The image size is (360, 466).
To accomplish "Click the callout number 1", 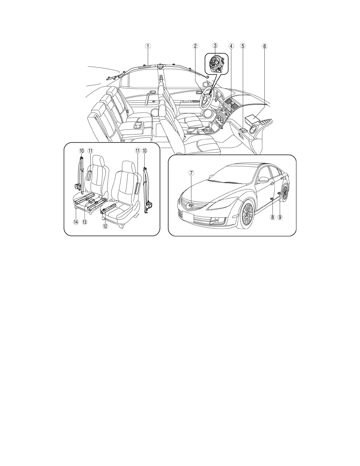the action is click(x=147, y=46).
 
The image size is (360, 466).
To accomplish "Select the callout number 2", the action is click(x=195, y=46).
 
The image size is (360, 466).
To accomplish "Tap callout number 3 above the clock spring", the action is click(x=215, y=46).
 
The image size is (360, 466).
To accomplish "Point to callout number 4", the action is click(x=231, y=46).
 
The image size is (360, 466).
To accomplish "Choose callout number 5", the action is click(x=243, y=46).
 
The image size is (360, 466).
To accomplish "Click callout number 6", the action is click(x=264, y=46).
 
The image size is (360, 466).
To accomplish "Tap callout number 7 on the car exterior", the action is click(x=191, y=172).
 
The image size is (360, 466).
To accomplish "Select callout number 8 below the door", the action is click(x=272, y=217).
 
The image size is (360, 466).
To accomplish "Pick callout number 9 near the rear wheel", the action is click(x=280, y=217).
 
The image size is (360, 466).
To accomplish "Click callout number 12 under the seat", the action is click(x=105, y=226).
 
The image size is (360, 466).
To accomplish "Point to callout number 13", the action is click(x=85, y=222).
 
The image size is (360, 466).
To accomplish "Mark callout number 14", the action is click(x=76, y=222).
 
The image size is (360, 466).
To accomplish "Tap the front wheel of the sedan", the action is click(x=247, y=214).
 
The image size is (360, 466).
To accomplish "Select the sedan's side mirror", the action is click(x=263, y=180).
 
